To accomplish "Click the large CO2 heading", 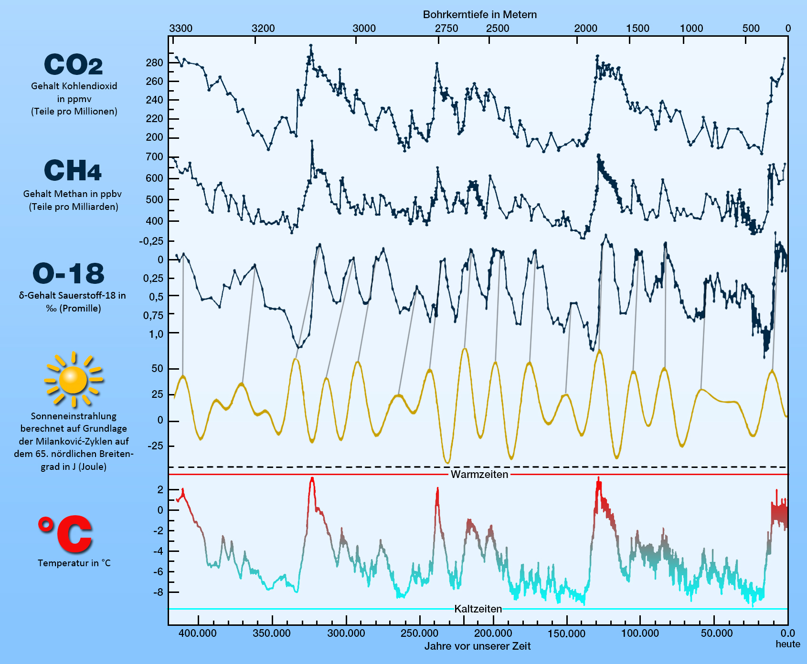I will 74,64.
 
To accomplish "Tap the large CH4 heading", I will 73,171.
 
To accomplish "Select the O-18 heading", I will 69,274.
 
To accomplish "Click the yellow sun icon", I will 73,380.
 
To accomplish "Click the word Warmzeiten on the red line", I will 479,475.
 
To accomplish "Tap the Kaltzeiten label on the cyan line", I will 478,609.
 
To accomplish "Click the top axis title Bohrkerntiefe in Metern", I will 479,14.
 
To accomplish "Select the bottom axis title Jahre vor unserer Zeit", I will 478,646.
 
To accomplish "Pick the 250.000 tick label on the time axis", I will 419,633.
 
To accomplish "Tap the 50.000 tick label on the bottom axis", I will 717,633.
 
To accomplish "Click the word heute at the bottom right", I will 787,644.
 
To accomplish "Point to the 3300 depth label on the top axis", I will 181,28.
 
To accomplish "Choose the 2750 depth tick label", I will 446,28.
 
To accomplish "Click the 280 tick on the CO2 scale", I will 154,62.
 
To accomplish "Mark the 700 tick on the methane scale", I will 154,157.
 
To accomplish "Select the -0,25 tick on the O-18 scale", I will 151,241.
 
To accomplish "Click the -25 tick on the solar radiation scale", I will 155,446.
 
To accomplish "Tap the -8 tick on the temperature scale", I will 158,592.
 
